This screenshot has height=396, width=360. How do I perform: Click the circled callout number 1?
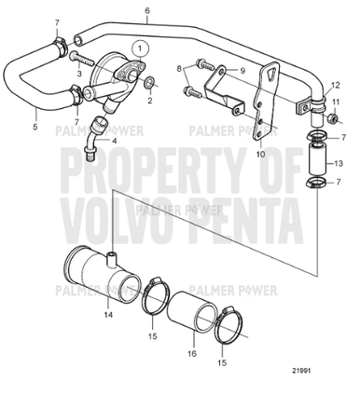[138, 46]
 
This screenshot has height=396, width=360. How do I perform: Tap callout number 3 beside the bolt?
[79, 73]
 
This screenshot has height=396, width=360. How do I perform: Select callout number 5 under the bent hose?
[36, 128]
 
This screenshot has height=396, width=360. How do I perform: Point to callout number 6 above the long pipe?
[146, 11]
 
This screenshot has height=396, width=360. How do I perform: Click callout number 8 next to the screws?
[179, 69]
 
